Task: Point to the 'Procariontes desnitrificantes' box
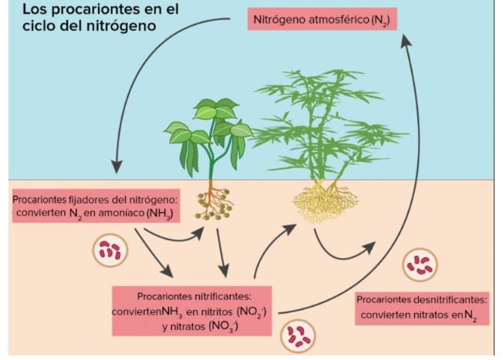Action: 422,307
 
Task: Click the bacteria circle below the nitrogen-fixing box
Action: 109,250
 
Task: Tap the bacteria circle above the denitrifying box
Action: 420,264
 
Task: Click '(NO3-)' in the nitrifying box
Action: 221,326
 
